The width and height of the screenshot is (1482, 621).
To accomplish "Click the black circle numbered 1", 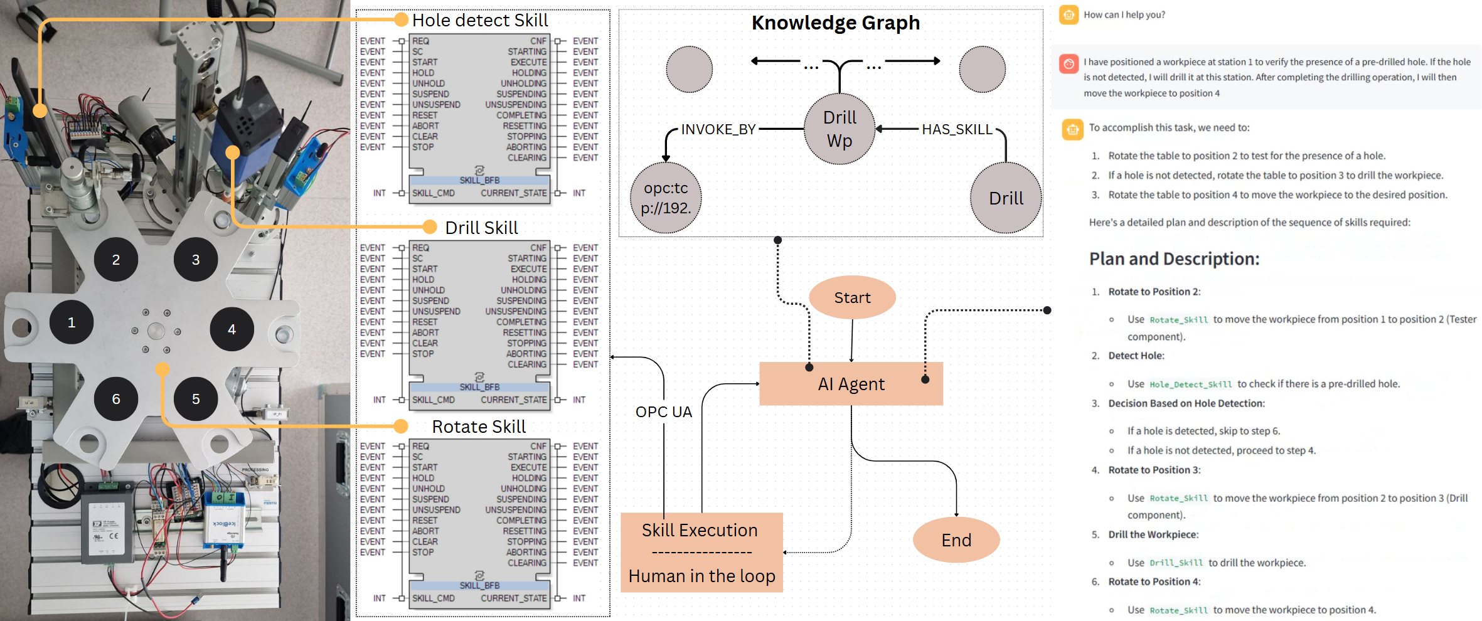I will pyautogui.click(x=72, y=322).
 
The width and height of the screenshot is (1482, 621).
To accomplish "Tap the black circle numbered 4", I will pyautogui.click(x=232, y=329).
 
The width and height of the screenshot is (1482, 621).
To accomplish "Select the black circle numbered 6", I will pyautogui.click(x=116, y=399).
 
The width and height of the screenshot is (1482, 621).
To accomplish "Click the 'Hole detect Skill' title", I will pyautogui.click(x=480, y=21).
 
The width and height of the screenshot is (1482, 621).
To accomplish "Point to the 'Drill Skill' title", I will pyautogui.click(x=481, y=228).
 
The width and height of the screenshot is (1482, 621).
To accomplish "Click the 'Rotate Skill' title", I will pyautogui.click(x=479, y=427).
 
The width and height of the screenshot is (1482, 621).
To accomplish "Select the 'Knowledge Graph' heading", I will pyautogui.click(x=835, y=23).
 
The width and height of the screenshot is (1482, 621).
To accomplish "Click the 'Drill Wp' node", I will pyautogui.click(x=840, y=129).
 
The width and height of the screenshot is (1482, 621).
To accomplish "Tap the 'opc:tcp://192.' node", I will pyautogui.click(x=666, y=198).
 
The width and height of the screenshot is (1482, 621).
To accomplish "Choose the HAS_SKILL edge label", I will pyautogui.click(x=957, y=129).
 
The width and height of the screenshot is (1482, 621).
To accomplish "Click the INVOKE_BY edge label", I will pyautogui.click(x=718, y=129).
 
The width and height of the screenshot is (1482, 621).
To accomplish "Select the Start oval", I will pyautogui.click(x=852, y=298).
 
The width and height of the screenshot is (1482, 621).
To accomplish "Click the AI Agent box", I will pyautogui.click(x=851, y=384).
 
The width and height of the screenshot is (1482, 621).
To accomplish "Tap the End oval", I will pyautogui.click(x=956, y=540).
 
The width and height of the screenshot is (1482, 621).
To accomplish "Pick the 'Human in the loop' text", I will pyautogui.click(x=701, y=576).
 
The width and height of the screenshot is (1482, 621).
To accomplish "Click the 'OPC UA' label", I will pyautogui.click(x=663, y=412).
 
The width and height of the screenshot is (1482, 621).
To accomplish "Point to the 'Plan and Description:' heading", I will pyautogui.click(x=1174, y=259).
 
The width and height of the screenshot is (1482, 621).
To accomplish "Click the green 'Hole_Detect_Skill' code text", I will pyautogui.click(x=1190, y=385).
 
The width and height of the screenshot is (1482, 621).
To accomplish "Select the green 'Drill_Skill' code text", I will pyautogui.click(x=1176, y=563).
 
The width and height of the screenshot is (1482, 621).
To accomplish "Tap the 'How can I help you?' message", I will pyautogui.click(x=1124, y=15).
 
